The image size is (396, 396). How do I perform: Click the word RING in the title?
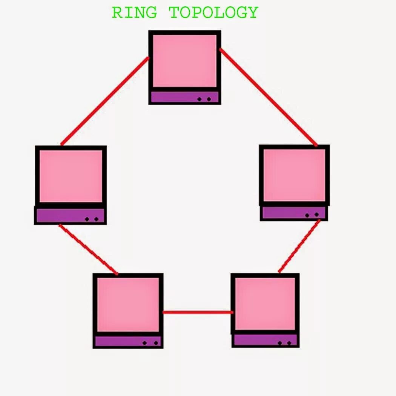(134, 12)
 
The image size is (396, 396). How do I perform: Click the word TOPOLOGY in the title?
(213, 12)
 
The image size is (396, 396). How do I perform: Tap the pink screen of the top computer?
(185, 60)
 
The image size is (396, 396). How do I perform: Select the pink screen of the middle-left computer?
(71, 176)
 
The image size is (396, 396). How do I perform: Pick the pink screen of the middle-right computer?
(294, 175)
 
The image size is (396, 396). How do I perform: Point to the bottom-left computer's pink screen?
(128, 304)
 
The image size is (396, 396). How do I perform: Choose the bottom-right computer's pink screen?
(265, 304)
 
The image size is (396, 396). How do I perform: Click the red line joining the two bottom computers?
(198, 312)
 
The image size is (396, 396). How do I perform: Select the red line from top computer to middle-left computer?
(104, 101)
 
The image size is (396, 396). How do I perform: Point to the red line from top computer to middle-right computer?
(269, 97)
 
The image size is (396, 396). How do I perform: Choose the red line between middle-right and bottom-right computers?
(299, 246)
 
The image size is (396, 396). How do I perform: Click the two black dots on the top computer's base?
(204, 99)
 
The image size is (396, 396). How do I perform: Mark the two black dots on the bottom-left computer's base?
(150, 343)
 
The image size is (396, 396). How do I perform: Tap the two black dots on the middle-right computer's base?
(312, 215)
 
